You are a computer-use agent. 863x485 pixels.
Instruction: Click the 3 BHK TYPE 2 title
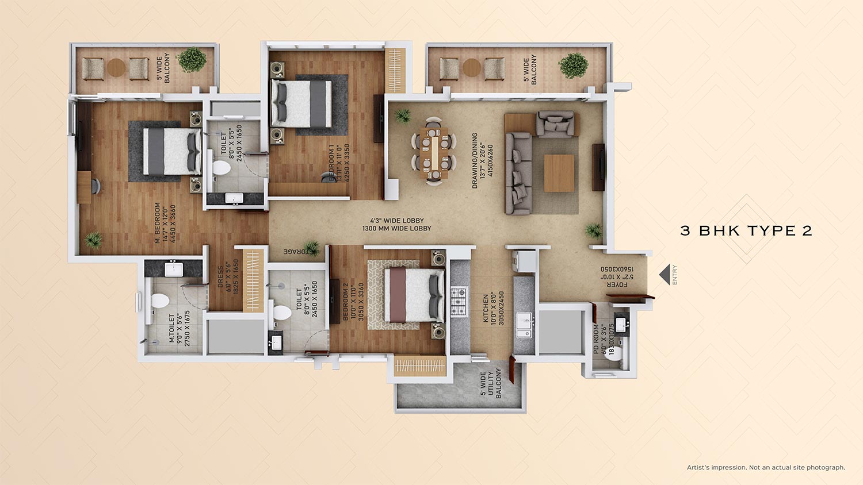click(x=746, y=231)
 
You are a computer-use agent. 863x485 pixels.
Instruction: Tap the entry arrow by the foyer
click(x=665, y=275)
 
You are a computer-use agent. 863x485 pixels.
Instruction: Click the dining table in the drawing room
click(x=434, y=151)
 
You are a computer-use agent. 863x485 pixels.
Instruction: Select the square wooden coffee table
click(x=559, y=173)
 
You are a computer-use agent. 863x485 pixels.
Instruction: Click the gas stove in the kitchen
click(x=459, y=302)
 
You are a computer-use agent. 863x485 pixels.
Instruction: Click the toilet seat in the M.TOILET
click(x=159, y=301)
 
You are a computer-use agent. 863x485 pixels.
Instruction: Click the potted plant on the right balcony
click(x=573, y=65)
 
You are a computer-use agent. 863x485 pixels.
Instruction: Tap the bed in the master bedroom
click(x=171, y=151)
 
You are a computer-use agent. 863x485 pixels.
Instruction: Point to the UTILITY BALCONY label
click(x=490, y=383)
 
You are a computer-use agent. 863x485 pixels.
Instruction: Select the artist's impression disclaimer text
click(x=765, y=468)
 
